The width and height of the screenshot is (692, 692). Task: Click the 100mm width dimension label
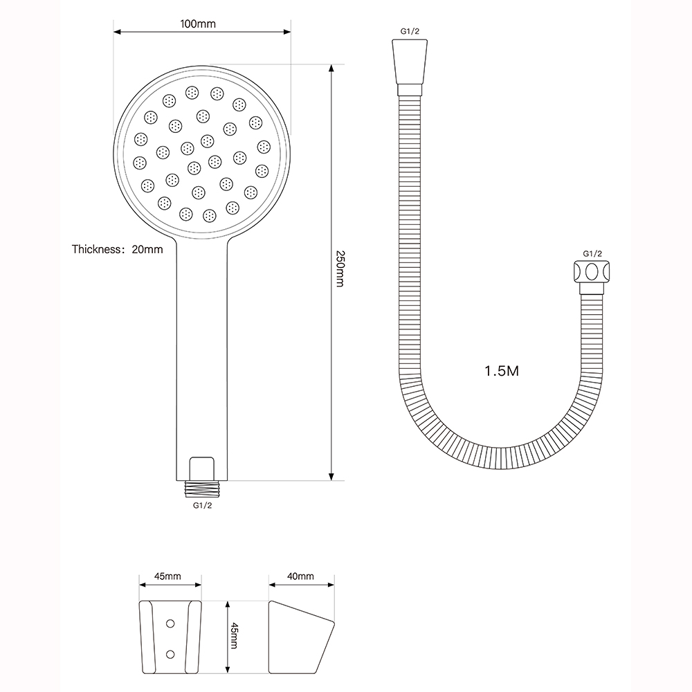(198, 24)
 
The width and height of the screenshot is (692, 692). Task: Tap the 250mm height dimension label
(340, 268)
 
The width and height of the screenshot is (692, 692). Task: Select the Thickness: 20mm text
(118, 249)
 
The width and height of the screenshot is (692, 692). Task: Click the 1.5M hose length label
(502, 371)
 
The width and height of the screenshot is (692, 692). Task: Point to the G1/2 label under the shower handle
(202, 505)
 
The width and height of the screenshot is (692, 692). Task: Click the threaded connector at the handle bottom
(202, 489)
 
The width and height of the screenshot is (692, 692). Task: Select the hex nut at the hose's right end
(592, 272)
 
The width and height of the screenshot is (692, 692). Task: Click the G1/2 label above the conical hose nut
(410, 31)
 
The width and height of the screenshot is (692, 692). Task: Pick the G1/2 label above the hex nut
(592, 254)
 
